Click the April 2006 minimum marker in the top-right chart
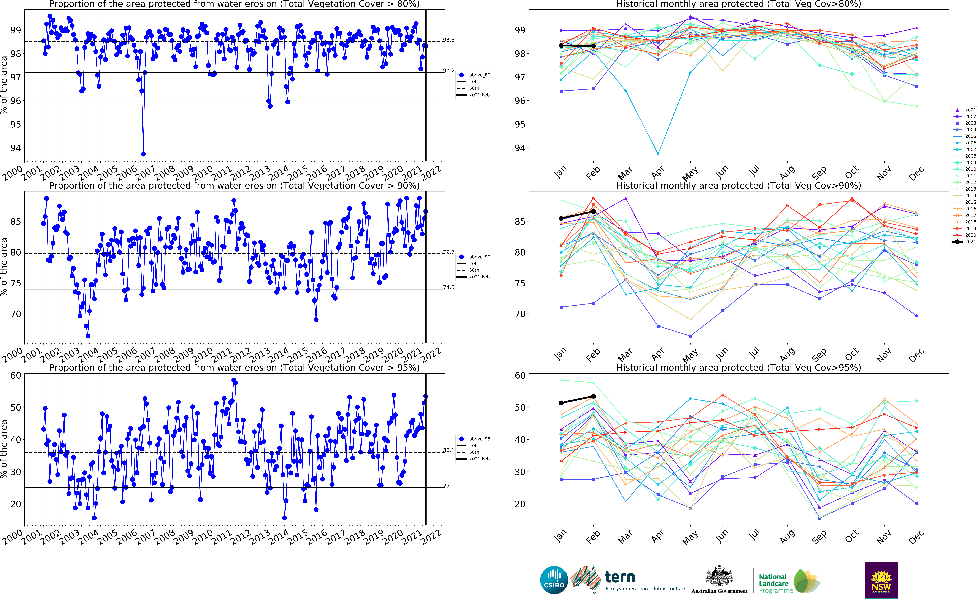click(658, 154)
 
